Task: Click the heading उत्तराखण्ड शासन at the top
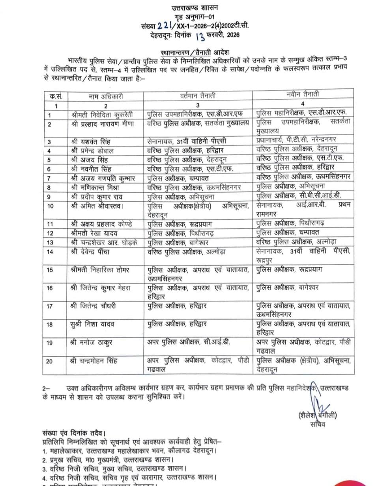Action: (195, 7)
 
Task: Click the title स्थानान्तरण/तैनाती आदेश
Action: (195, 52)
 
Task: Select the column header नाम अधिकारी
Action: (105, 96)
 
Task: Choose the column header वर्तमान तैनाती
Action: (198, 96)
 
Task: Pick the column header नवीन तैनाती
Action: (303, 95)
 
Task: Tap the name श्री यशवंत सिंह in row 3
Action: (91, 142)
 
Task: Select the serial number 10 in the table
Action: (50, 206)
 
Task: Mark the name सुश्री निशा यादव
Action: (92, 324)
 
